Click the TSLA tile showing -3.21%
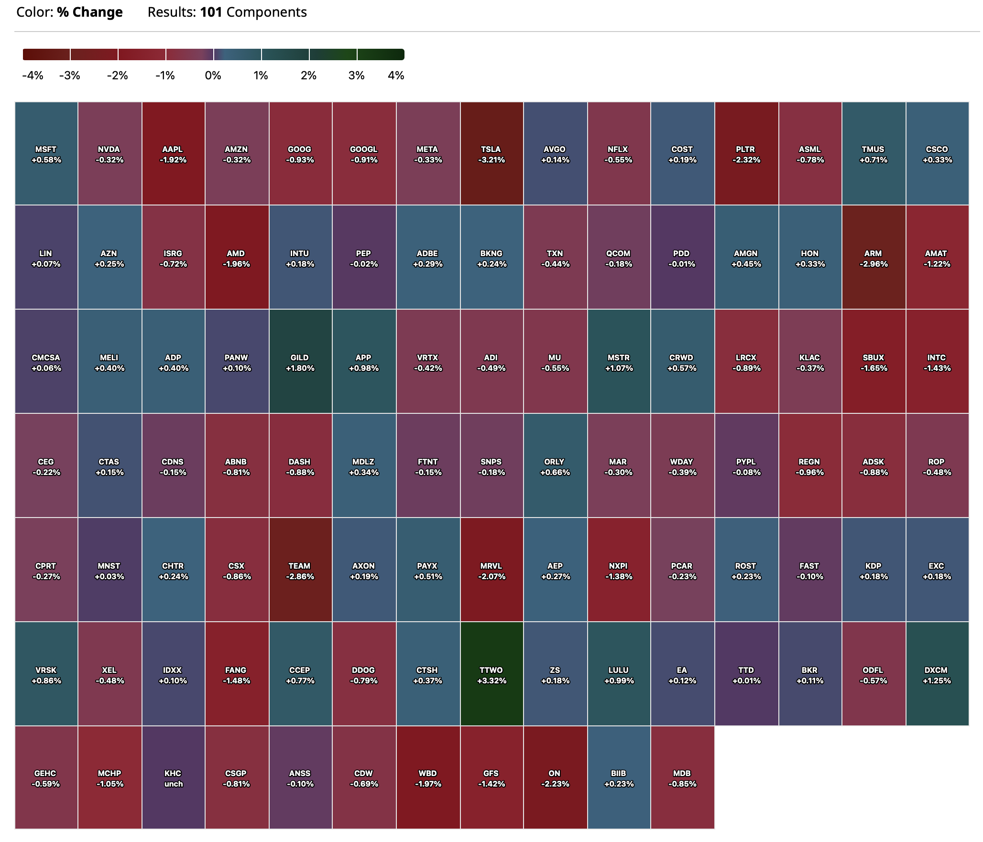click(491, 154)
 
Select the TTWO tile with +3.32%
click(491, 674)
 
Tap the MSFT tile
click(46, 154)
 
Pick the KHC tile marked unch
click(173, 778)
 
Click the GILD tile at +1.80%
click(300, 362)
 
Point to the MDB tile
click(682, 778)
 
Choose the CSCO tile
click(937, 154)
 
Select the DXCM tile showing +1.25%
click(937, 674)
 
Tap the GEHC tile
click(46, 778)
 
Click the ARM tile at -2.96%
click(874, 258)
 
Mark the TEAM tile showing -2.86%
click(300, 570)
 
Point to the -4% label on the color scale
click(33, 76)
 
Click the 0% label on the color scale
click(213, 76)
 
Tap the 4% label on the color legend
click(396, 76)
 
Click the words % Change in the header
click(90, 12)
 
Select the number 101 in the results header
click(211, 12)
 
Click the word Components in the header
click(266, 12)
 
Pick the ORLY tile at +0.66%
click(555, 466)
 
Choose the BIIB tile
click(619, 778)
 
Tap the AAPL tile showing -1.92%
click(173, 154)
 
